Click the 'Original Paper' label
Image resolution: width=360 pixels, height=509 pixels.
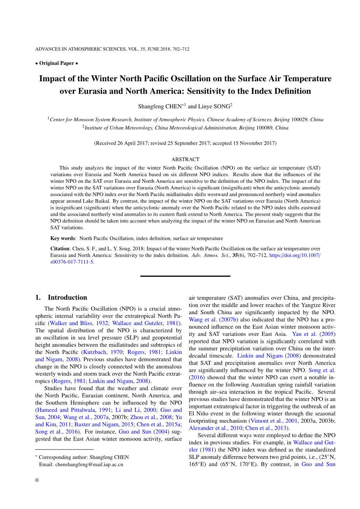(56, 63)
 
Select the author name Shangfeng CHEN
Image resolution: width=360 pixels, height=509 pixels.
(160, 107)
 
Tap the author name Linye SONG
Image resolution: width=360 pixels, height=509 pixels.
(214, 107)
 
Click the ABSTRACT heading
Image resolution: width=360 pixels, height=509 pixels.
(185, 159)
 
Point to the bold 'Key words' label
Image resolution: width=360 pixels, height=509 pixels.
(63, 238)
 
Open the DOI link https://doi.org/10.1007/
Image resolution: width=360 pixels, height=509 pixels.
(295, 255)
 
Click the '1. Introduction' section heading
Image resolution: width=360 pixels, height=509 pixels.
(61, 297)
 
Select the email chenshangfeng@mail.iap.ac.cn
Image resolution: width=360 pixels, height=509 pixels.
(89, 464)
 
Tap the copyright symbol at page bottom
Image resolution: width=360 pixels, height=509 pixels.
(37, 480)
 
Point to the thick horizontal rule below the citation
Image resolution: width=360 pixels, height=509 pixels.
(185, 276)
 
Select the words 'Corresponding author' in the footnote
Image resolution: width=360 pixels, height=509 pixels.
(62, 457)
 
